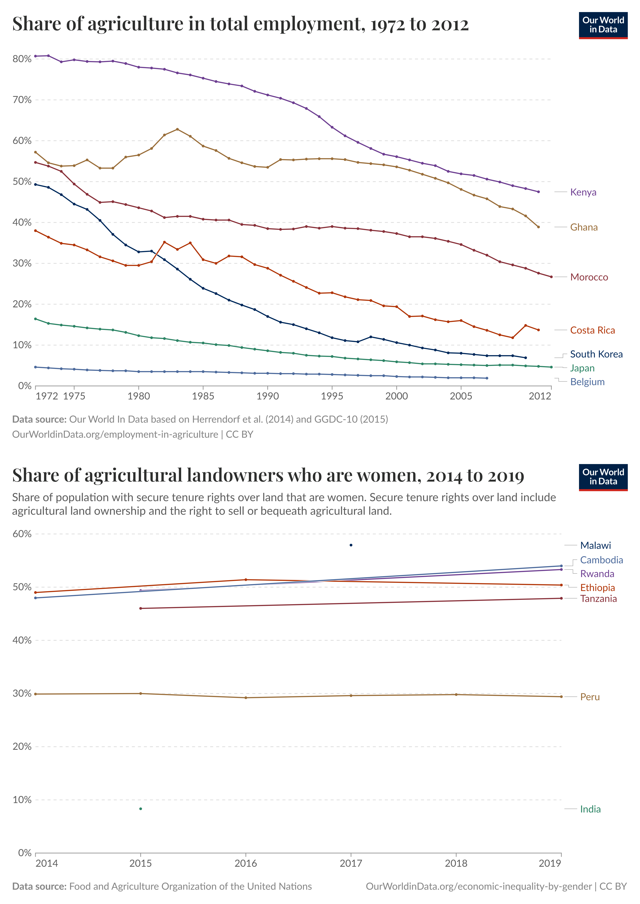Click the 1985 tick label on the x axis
pyautogui.click(x=203, y=396)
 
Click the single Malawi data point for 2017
pyautogui.click(x=351, y=545)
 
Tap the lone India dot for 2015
pyautogui.click(x=141, y=809)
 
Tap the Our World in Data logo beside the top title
pyautogui.click(x=603, y=25)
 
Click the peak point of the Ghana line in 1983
pyautogui.click(x=177, y=129)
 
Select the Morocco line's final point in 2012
pyautogui.click(x=551, y=277)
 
